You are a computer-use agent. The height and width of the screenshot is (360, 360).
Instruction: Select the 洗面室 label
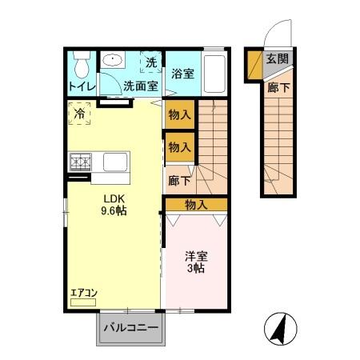140,86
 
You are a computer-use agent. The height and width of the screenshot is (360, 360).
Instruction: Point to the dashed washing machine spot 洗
151,62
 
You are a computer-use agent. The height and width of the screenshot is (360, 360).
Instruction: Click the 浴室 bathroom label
182,74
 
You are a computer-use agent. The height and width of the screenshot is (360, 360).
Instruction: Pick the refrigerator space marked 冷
80,114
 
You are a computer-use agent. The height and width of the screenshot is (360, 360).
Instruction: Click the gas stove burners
82,163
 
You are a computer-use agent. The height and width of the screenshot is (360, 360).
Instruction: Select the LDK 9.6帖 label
114,206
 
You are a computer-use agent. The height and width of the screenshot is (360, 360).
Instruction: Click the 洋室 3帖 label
196,262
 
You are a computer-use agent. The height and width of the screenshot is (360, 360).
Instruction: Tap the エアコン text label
83,293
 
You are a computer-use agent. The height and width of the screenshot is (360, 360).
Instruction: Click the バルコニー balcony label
130,327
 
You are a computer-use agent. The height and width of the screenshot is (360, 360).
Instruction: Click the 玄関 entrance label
277,59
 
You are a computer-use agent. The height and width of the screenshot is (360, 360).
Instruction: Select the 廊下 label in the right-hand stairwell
278,88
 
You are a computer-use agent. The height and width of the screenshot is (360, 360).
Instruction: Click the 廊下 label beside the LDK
178,182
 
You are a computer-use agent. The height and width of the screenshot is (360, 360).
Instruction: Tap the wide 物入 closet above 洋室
195,205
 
